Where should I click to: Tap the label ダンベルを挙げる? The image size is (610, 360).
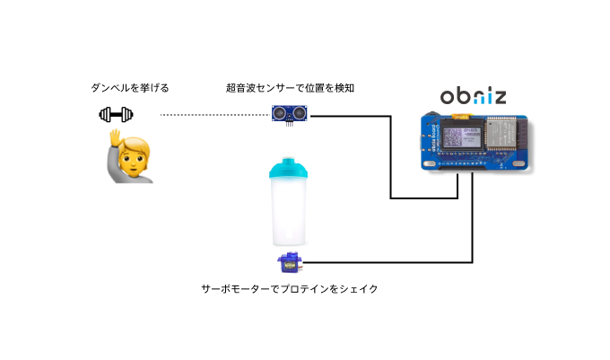click(x=130, y=88)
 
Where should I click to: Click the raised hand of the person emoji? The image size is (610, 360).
click(x=116, y=137)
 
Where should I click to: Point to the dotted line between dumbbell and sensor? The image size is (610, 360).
click(x=215, y=115)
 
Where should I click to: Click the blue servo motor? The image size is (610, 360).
click(x=289, y=263)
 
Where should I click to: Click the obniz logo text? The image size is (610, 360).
click(x=472, y=97)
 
